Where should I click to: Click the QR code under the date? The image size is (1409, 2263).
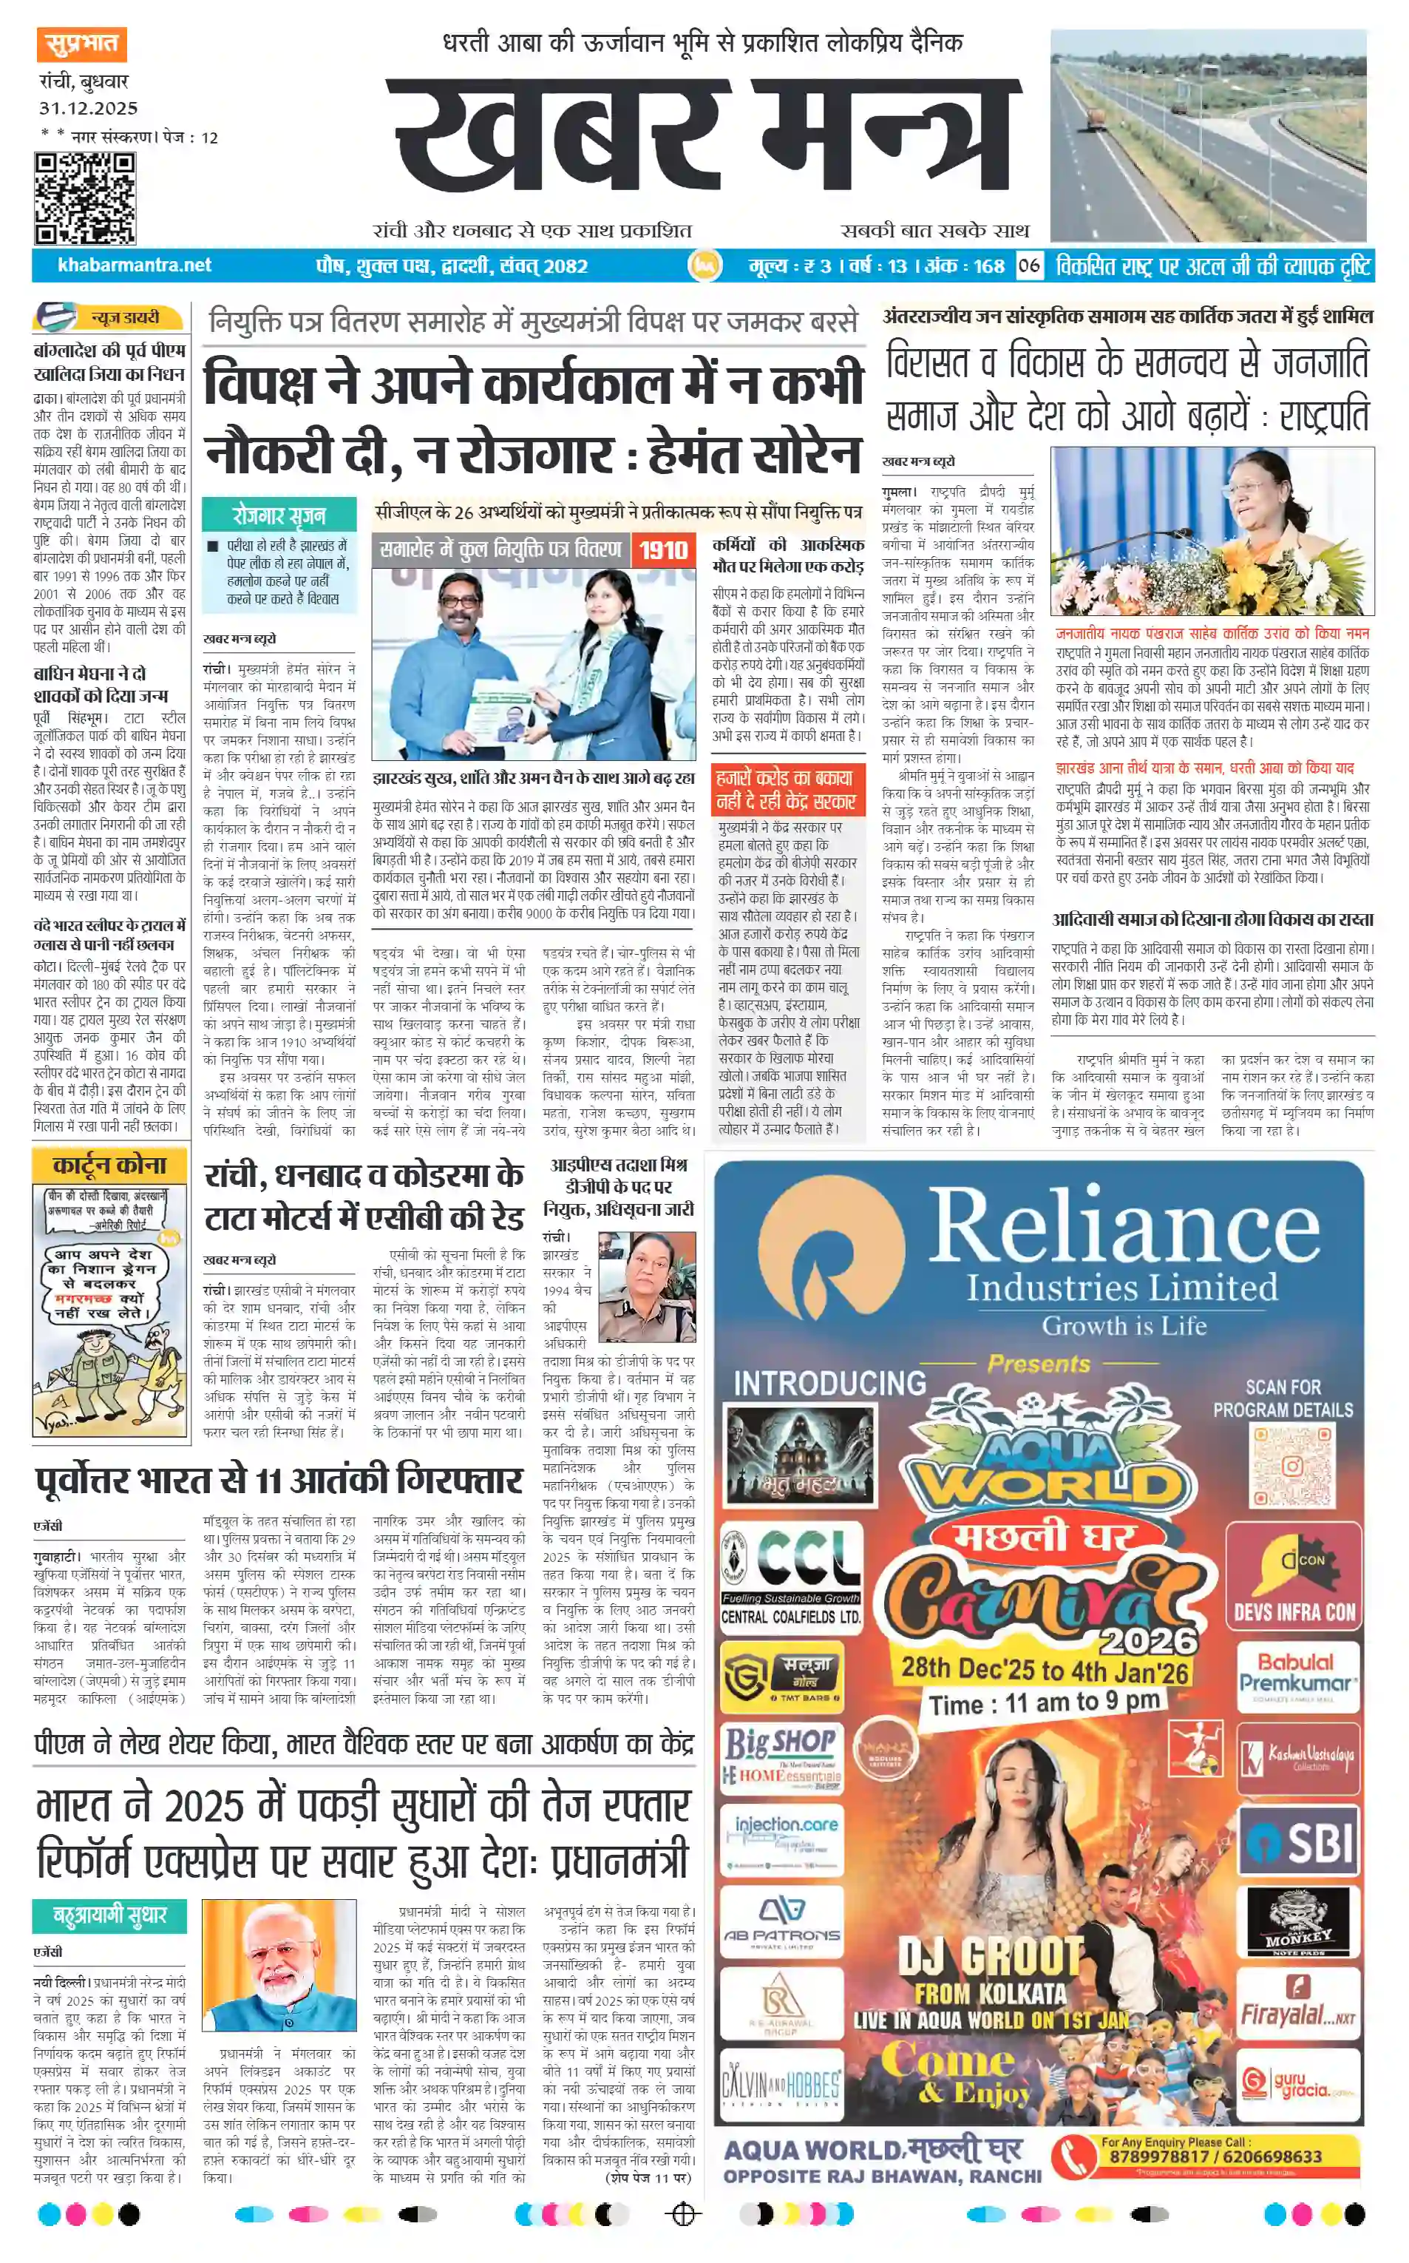coord(85,198)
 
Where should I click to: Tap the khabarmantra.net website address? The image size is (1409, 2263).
coord(135,265)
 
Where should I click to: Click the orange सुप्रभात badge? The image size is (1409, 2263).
coord(82,44)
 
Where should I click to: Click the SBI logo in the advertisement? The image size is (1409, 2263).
coord(1297,1844)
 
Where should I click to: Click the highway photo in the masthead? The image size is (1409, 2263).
coord(1208,135)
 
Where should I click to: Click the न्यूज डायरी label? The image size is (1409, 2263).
coord(124,318)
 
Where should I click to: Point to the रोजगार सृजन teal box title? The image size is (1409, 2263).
coord(279,515)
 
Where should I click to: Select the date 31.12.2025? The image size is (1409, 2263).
coord(89,108)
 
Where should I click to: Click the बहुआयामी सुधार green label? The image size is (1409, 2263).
coord(110,1916)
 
